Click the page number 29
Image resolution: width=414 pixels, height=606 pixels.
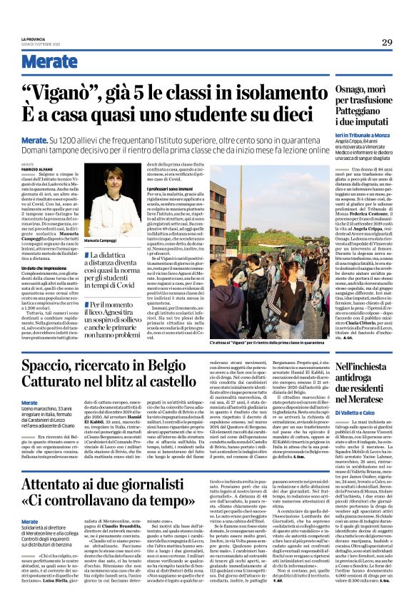(386, 41)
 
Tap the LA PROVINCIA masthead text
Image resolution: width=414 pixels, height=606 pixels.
(33, 39)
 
